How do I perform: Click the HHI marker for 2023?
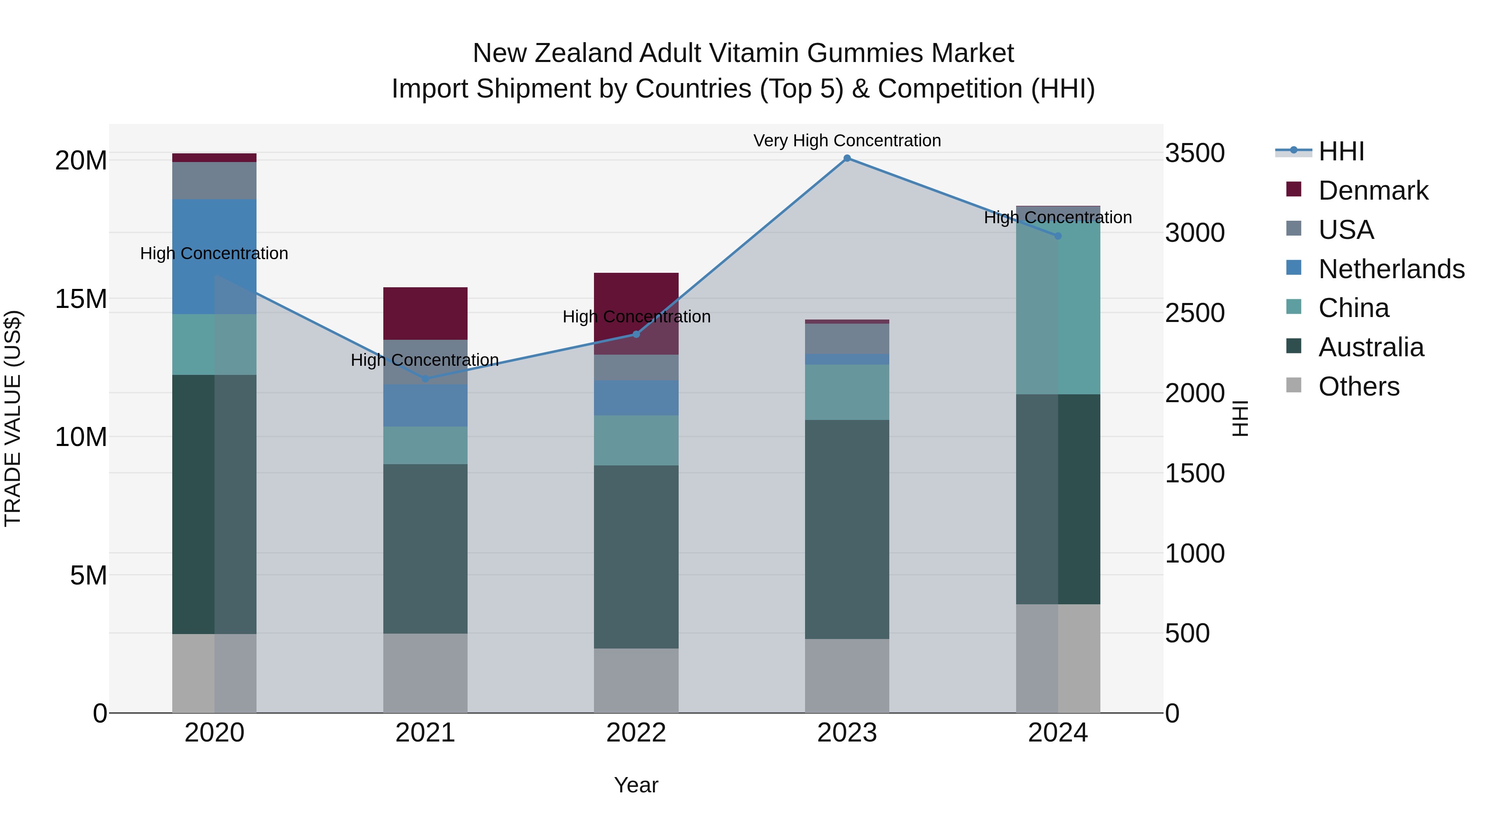pyautogui.click(x=847, y=158)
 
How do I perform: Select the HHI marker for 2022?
pyautogui.click(x=636, y=334)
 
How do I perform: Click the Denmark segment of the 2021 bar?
pyautogui.click(x=425, y=313)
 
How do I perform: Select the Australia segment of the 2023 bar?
pyautogui.click(x=847, y=529)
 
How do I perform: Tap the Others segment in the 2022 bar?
pyautogui.click(x=636, y=680)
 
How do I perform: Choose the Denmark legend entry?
pyautogui.click(x=1373, y=191)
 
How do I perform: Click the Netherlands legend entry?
pyautogui.click(x=1391, y=269)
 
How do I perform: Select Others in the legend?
pyautogui.click(x=1359, y=386)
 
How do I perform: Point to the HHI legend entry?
pyautogui.click(x=1342, y=151)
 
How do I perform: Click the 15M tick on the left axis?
pyautogui.click(x=81, y=299)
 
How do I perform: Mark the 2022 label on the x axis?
pyautogui.click(x=636, y=733)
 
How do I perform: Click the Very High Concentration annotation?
pyautogui.click(x=847, y=141)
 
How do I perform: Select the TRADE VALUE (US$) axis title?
pyautogui.click(x=13, y=418)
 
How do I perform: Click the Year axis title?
pyautogui.click(x=636, y=785)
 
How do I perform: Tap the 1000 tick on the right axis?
pyautogui.click(x=1194, y=553)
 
